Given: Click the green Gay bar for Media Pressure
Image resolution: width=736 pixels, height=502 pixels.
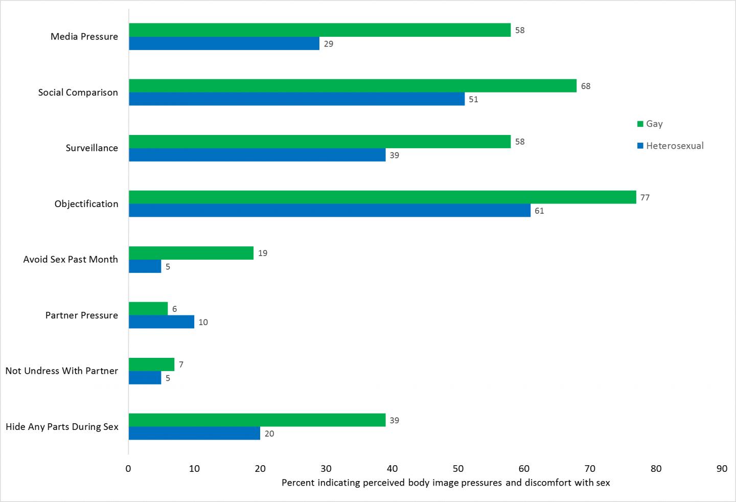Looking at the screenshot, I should click(319, 30).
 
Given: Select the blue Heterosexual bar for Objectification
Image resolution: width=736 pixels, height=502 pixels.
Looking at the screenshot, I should click(330, 211).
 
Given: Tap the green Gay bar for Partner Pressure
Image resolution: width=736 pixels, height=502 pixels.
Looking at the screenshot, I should click(148, 309).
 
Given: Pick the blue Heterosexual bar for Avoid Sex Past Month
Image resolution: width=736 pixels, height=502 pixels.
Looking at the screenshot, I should click(145, 266).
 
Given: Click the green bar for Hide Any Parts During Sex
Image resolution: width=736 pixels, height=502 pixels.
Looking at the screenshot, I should click(257, 420).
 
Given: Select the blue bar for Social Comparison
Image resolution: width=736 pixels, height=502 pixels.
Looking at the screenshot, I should click(296, 99).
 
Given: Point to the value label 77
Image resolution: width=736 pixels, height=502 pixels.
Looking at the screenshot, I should click(645, 198).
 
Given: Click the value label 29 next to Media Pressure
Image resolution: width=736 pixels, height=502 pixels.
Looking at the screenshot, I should click(329, 44).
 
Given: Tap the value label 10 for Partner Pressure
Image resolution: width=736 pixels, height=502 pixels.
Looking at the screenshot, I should click(203, 323).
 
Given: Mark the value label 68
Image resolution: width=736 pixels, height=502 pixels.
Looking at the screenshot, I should click(586, 86).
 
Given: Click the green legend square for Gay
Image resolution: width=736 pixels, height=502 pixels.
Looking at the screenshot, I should click(640, 124).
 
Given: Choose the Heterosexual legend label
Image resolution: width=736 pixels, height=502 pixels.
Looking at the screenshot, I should click(675, 146).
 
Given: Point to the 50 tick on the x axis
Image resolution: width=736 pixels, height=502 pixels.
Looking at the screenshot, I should click(458, 469).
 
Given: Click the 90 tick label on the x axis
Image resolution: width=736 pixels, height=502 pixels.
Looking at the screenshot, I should click(722, 469).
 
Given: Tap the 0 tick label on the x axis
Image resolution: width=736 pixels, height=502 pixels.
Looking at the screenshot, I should click(128, 469).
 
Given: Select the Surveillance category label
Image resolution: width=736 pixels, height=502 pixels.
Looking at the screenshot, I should click(92, 148).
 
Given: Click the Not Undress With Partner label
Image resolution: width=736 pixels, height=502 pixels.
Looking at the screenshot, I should click(62, 371).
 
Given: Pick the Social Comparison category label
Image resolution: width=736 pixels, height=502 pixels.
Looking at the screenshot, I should click(78, 93).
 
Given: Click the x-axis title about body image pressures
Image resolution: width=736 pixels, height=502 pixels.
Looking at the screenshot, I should click(446, 483).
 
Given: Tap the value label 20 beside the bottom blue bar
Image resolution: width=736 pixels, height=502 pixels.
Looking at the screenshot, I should click(269, 434).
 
